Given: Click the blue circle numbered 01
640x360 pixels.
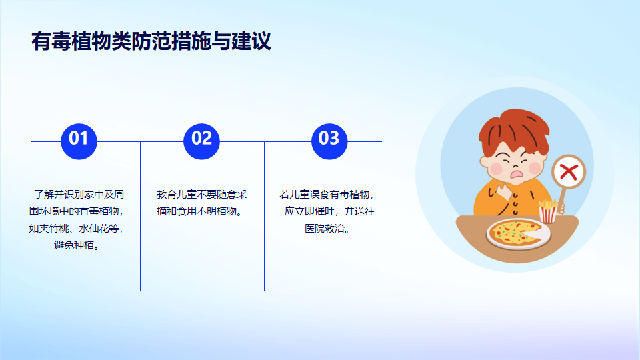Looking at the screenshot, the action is tap(79, 141).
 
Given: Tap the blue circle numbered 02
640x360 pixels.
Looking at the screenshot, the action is tap(201, 141).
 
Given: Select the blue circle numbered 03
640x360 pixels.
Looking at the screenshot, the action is tap(329, 141).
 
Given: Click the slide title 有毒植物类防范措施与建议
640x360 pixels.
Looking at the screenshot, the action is tap(151, 41).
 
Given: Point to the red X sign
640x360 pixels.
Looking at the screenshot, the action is tap(569, 172).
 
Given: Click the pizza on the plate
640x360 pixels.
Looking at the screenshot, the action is tap(515, 233).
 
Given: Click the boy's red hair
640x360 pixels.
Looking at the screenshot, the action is tap(514, 131).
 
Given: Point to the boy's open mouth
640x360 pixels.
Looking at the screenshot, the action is tap(517, 175).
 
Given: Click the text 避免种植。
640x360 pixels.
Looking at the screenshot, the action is tap(77, 245).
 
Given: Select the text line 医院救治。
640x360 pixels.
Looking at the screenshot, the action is tap(328, 229).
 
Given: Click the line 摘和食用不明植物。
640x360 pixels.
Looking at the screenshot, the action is tap(200, 211).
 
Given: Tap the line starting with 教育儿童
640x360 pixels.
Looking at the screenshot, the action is tap(201, 194).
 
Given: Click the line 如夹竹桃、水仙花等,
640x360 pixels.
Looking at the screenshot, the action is tap(76, 229).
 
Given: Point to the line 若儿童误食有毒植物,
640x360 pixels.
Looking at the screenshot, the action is tap(327, 194).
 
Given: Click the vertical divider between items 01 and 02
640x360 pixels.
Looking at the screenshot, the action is tap(141, 216).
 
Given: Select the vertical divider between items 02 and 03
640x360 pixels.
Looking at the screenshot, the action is tap(265, 216).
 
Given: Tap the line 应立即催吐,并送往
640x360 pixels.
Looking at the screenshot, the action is tap(329, 211).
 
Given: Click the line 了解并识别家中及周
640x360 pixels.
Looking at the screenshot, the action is tap(79, 194).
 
